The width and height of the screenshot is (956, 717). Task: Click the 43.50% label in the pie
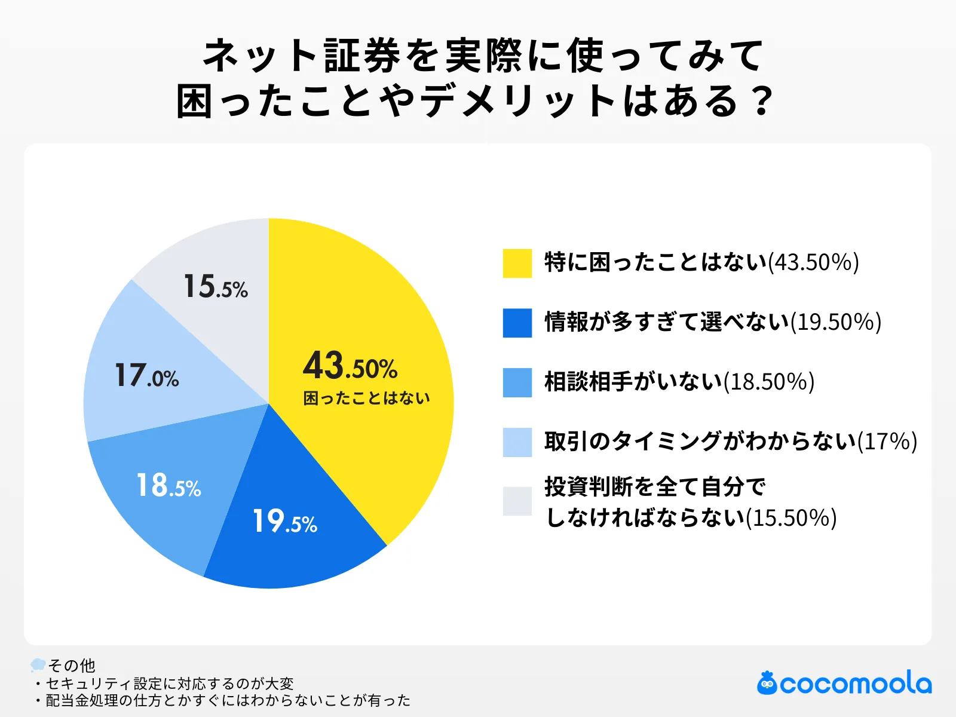click(x=350, y=366)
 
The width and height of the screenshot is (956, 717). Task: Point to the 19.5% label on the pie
click(x=284, y=521)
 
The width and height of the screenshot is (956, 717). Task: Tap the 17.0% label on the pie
click(x=146, y=376)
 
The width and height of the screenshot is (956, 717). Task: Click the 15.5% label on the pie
click(x=215, y=286)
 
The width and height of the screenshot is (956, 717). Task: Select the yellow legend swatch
click(x=517, y=263)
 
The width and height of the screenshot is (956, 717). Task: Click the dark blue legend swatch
click(x=517, y=323)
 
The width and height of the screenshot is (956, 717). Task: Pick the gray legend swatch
click(x=517, y=501)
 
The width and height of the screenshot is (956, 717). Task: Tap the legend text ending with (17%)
click(x=730, y=442)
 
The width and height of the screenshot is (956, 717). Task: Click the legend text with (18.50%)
click(x=679, y=382)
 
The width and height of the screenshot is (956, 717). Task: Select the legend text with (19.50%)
click(x=713, y=322)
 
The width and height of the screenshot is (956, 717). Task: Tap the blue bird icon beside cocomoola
click(x=767, y=684)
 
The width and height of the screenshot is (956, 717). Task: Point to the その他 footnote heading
click(x=71, y=665)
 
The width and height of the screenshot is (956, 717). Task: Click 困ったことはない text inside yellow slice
click(x=366, y=398)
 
